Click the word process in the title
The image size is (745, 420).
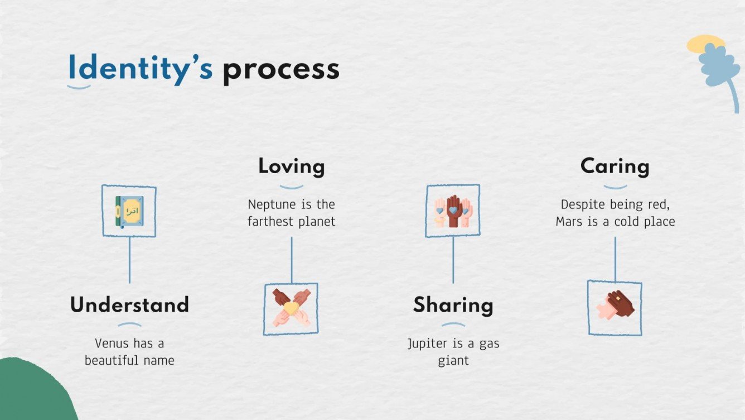point(280,70)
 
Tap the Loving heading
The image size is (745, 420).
point(291,166)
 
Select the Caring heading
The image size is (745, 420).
point(615,166)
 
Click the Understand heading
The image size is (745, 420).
point(129,305)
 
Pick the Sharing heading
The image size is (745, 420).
point(453,305)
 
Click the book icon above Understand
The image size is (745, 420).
point(129,211)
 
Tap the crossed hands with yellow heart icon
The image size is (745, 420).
point(291,309)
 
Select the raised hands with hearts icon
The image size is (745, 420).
point(453,211)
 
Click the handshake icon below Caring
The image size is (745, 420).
point(615,307)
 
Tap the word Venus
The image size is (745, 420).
point(112,343)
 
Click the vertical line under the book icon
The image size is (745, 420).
point(129,260)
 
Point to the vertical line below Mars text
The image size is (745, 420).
point(615,258)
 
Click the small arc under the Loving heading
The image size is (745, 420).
point(291,187)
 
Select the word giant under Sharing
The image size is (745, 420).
point(453,360)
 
